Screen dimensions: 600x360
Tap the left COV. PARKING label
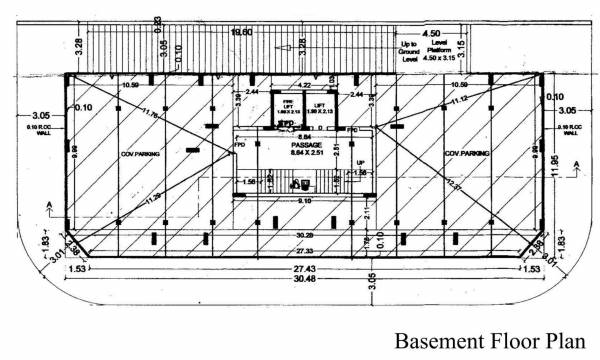coord(144,155)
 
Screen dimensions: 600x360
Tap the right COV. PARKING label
coord(461,155)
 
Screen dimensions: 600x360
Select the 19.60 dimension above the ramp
coord(241,33)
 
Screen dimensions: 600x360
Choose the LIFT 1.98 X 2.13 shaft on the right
coord(317,109)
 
